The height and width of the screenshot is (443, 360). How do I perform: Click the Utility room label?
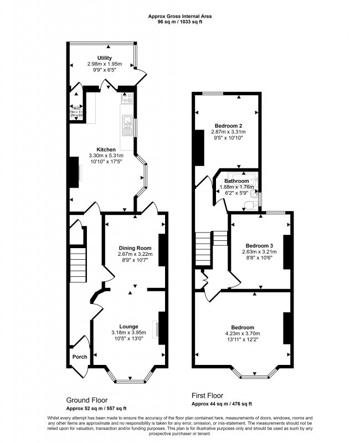104,58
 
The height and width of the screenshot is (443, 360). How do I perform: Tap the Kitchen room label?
106,150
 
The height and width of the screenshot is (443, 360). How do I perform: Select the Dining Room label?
136,248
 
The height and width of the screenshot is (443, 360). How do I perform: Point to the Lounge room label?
128,326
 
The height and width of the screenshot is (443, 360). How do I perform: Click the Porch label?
79,357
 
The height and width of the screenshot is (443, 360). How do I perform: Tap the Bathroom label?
236,181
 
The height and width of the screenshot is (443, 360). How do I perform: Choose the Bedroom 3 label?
260,245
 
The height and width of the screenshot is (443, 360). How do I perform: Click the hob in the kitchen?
127,100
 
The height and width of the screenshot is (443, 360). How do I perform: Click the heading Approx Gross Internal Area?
180,17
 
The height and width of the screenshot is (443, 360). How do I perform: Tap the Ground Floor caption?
87,400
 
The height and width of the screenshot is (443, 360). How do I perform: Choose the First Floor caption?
207,396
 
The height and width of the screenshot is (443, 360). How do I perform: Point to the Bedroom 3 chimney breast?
287,252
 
